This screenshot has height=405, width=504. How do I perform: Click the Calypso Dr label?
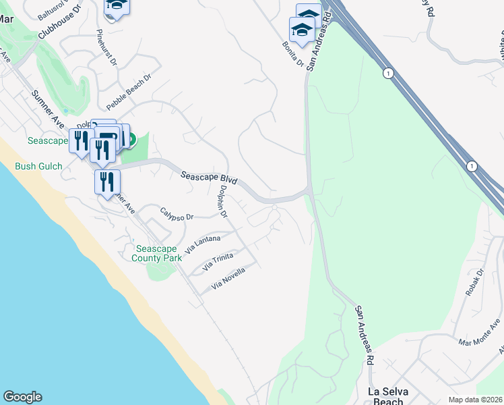tap(177, 214)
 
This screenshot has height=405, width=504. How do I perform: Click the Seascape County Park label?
tap(156, 253)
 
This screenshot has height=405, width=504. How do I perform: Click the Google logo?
tap(22, 397)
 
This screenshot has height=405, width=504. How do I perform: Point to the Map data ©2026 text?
tap(475, 400)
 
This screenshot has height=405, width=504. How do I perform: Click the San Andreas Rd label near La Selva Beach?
tap(365, 335)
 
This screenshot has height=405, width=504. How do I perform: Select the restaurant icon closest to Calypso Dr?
tap(106, 182)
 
